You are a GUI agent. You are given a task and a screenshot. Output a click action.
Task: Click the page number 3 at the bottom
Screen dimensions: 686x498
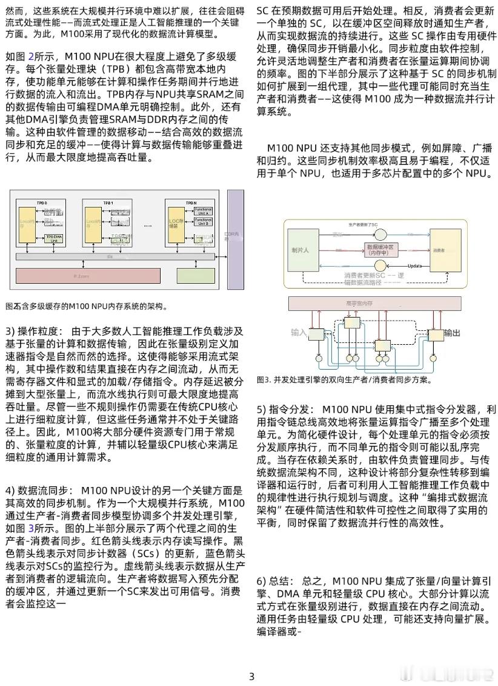pyautogui.click(x=251, y=676)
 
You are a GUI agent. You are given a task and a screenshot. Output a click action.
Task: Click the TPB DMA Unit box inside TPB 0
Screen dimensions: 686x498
pyautogui.click(x=54, y=239)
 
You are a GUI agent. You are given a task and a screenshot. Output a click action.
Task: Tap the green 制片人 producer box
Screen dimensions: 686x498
pyautogui.click(x=300, y=250)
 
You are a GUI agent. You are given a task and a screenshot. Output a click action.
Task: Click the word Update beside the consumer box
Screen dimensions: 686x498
pyautogui.click(x=414, y=266)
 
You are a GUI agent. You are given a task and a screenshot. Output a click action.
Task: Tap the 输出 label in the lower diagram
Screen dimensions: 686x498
pyautogui.click(x=452, y=333)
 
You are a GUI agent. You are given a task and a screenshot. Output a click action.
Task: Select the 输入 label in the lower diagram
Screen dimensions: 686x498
pyautogui.click(x=299, y=333)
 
